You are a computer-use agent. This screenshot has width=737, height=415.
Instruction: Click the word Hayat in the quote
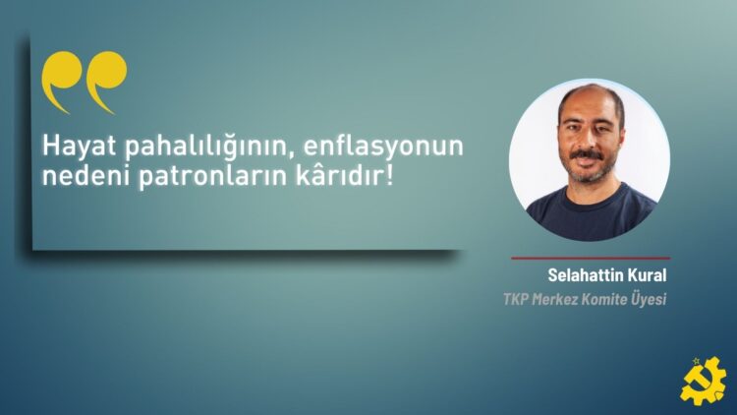(79, 148)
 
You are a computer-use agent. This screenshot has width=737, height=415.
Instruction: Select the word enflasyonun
(383, 146)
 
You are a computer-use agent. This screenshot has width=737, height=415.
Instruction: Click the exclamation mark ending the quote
(389, 175)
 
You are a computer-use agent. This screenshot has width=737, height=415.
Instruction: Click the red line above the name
(591, 258)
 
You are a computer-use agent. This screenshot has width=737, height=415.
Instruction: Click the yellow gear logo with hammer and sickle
(703, 382)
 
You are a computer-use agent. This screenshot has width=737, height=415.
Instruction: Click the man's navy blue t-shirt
(592, 211)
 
